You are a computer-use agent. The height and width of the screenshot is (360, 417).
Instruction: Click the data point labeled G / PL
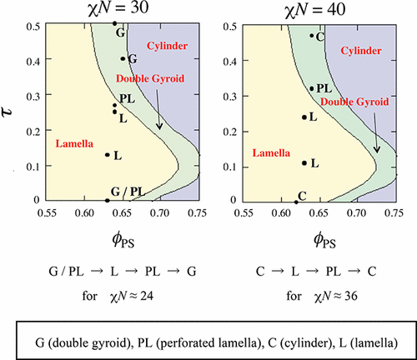(108, 200)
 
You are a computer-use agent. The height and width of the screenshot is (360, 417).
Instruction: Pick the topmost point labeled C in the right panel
(311, 35)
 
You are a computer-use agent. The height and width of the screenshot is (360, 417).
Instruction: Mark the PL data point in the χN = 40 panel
(312, 88)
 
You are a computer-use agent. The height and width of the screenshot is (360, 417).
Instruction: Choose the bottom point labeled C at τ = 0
(296, 201)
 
